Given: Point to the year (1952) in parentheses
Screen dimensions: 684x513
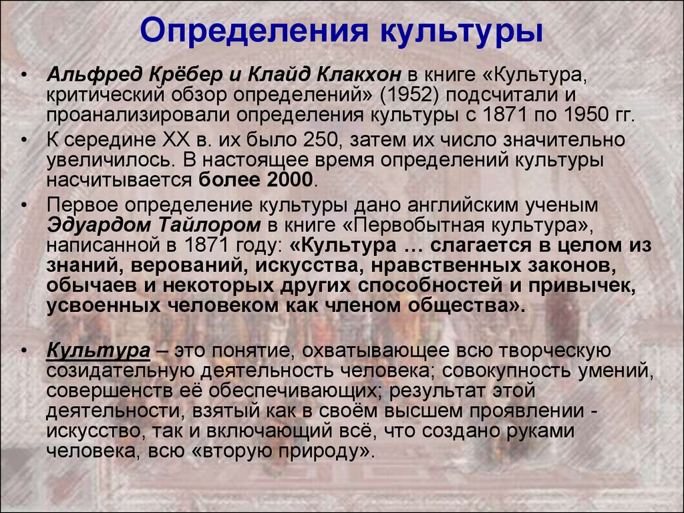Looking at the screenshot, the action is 409,95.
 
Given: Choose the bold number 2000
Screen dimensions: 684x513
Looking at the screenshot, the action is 289,180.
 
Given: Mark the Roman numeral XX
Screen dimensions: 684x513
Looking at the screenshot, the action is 176,140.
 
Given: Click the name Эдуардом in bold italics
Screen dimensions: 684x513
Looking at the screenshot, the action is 99,225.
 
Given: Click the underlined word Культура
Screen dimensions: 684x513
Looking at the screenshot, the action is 98,351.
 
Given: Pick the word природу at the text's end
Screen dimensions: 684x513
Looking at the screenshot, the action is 327,451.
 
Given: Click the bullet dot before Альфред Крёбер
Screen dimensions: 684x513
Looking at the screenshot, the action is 24,75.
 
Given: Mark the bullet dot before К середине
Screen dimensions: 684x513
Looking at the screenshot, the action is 24,140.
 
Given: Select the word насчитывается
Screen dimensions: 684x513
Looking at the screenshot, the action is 119,180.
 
